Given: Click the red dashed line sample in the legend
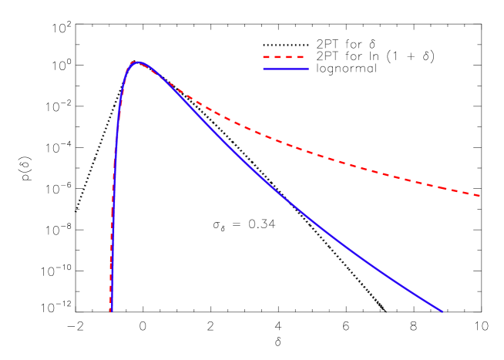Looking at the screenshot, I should (284, 57).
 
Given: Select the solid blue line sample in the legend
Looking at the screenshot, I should (286, 69).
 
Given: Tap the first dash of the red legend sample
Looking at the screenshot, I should (267, 57).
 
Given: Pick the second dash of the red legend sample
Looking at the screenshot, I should (277, 57).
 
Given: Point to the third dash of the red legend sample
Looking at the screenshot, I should (288, 57).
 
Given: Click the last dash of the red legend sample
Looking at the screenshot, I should (299, 57).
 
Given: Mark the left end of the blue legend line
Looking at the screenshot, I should (264, 69).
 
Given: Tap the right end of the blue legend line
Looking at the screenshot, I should (308, 69).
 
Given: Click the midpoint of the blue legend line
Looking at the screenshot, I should (286, 69).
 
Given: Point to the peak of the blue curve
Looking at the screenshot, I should (137, 62).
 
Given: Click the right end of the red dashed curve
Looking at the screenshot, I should (480, 196).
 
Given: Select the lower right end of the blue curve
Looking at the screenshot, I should (442, 311).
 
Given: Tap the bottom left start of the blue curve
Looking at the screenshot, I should (111, 311).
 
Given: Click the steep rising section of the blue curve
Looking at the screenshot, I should (115, 154).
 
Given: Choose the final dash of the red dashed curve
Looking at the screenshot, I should (476, 195).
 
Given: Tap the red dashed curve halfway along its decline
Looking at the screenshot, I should (308, 151).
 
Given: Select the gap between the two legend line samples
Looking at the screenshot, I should (286, 63).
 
